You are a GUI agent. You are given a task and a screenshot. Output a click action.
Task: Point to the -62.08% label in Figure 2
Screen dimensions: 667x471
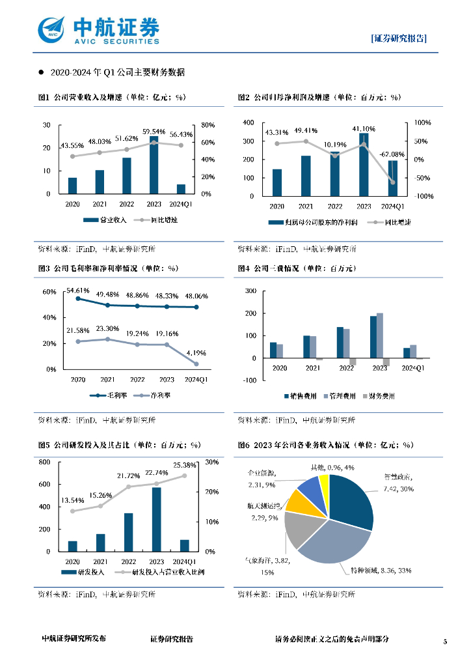(x=392, y=154)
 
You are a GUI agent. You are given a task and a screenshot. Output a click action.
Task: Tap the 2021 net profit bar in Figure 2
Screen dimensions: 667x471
(x=306, y=176)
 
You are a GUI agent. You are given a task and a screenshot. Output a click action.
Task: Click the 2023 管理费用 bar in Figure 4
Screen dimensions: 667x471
(x=380, y=335)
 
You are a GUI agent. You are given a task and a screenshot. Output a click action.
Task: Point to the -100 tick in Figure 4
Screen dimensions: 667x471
(x=249, y=380)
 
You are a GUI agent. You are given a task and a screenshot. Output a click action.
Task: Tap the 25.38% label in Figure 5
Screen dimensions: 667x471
(x=185, y=466)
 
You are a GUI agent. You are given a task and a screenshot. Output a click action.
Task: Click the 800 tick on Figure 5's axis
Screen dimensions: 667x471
(x=44, y=462)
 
